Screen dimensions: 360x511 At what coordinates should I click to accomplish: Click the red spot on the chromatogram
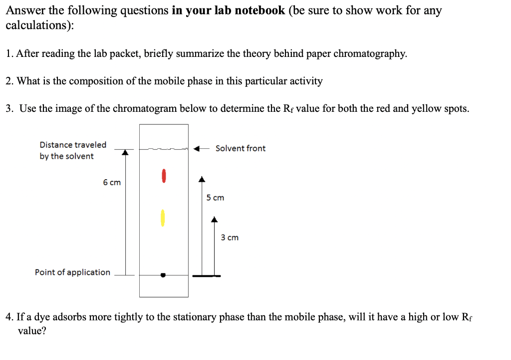(163, 176)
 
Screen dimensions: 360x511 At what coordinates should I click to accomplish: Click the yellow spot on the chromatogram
(162, 217)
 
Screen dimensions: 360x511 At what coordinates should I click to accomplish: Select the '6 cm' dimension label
(112, 183)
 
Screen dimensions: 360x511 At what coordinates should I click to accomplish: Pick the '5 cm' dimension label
(215, 198)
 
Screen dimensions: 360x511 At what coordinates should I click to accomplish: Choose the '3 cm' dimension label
(230, 238)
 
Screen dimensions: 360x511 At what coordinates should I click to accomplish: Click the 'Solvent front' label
(241, 148)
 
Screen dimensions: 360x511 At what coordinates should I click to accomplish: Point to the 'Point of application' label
(72, 272)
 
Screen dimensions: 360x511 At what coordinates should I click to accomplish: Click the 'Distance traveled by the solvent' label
(73, 150)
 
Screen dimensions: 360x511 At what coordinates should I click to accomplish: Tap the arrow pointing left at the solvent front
(201, 148)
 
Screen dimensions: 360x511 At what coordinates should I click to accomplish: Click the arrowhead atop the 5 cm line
(202, 179)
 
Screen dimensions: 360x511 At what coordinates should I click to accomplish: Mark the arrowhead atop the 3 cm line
(214, 219)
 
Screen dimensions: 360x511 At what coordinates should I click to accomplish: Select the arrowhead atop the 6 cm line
(125, 152)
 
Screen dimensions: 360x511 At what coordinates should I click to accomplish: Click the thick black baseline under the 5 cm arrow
(206, 276)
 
